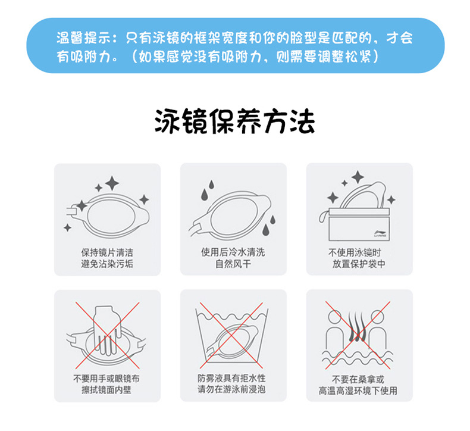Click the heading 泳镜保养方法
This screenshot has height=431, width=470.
[x=234, y=121]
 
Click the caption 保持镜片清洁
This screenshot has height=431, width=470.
[x=107, y=251]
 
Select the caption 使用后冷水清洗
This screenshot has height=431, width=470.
[x=233, y=251]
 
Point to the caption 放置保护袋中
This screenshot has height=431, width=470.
[x=359, y=263]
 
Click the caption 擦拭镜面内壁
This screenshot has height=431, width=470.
[x=107, y=390]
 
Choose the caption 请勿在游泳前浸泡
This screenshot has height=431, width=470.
[x=233, y=390]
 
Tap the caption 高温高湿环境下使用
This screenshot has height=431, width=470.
[x=359, y=391]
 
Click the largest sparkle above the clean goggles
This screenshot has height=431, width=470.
[x=111, y=183]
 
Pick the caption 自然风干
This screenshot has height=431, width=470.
[x=233, y=263]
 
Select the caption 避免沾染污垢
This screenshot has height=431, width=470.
[x=107, y=263]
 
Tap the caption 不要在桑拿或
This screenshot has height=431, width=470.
[x=359, y=379]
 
